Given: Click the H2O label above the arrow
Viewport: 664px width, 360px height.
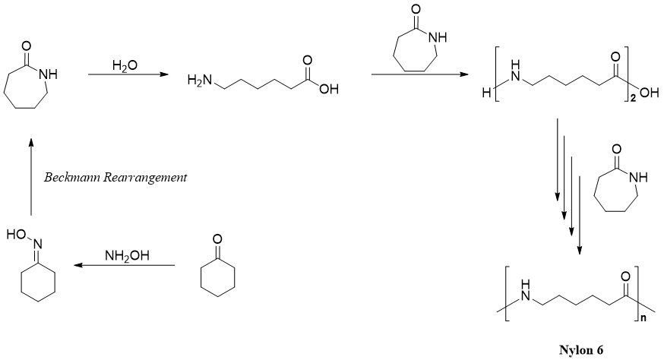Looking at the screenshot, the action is click(x=125, y=66).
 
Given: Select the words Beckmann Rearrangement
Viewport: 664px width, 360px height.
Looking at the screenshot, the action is click(x=115, y=178).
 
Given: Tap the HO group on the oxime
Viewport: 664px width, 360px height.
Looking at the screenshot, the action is click(x=16, y=235).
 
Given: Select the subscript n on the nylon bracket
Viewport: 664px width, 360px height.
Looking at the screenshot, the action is click(x=642, y=323).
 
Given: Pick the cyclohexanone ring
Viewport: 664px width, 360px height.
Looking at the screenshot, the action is click(x=217, y=277).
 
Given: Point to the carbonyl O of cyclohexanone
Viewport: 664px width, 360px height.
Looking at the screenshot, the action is click(x=217, y=240).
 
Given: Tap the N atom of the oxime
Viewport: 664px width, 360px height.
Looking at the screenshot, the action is click(x=34, y=243).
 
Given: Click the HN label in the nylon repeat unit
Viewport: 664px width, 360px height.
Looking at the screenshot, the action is click(x=520, y=298).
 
